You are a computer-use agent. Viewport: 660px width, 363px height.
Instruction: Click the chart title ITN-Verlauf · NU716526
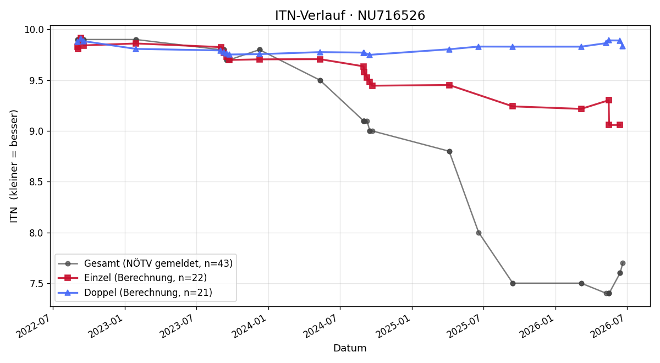[x=350, y=15]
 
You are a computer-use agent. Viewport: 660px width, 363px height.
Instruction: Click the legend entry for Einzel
[x=133, y=278]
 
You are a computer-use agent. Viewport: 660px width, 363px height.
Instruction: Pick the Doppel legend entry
[x=135, y=292]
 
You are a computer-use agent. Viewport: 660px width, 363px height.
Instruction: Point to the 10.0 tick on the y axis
[x=34, y=30]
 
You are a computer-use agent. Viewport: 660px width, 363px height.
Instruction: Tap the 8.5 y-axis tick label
[x=36, y=182]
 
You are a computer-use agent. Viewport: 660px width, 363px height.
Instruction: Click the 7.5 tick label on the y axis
[x=36, y=284]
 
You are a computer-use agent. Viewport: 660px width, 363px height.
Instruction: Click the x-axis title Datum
[x=350, y=348]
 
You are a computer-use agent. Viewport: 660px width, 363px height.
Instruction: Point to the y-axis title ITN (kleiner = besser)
[x=14, y=166]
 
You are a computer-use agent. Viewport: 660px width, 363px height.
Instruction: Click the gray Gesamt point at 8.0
[x=479, y=233]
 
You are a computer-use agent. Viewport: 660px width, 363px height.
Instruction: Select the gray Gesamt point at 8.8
[x=450, y=151]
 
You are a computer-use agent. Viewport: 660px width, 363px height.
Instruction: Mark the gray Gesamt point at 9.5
[x=320, y=80]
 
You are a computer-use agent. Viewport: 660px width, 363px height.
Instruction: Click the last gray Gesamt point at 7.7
[x=623, y=263]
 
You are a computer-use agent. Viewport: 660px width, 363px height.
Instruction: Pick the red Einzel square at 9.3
[x=609, y=100]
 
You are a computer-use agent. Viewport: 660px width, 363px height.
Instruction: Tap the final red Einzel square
[x=620, y=125]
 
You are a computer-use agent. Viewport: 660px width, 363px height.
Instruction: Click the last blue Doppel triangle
[x=622, y=46]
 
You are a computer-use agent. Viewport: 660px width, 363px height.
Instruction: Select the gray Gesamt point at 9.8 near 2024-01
[x=260, y=50]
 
